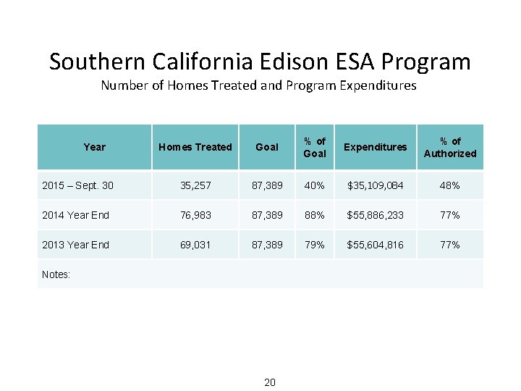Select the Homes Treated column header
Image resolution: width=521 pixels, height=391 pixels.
(195, 147)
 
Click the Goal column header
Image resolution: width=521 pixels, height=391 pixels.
(267, 147)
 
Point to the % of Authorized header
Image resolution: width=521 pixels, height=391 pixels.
(450, 147)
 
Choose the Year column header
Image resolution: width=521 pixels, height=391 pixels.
(94, 147)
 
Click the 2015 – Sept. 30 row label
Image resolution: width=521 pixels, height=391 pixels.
(77, 186)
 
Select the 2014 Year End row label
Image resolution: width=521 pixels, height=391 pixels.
(75, 215)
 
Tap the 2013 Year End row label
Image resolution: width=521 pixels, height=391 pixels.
(75, 245)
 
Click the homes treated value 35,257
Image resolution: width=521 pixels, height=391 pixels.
(195, 186)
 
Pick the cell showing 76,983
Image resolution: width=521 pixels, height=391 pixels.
(195, 215)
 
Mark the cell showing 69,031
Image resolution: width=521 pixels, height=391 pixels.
(195, 245)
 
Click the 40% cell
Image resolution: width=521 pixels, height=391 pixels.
(315, 186)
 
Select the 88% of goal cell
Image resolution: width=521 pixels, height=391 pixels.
(315, 215)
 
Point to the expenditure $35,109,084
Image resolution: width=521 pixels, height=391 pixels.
(376, 186)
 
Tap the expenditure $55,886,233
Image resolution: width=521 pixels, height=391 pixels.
(376, 215)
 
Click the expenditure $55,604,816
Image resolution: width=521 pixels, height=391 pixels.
(376, 245)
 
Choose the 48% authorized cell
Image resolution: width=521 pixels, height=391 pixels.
(450, 186)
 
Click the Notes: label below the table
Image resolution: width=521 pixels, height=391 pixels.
(56, 274)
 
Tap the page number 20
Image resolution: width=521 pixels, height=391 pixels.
(269, 382)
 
